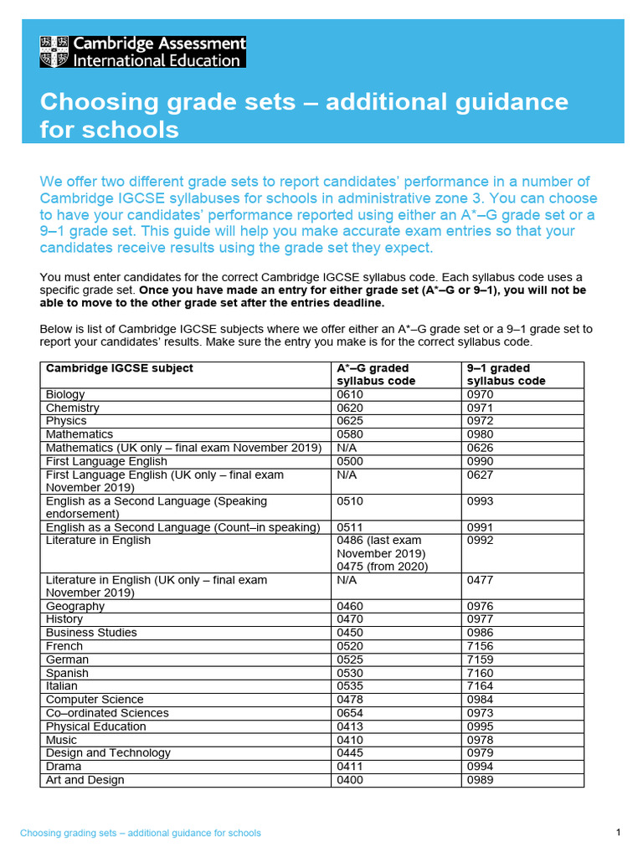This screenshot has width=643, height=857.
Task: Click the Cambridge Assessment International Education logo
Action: tap(142, 51)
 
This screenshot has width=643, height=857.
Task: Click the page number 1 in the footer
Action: tap(618, 832)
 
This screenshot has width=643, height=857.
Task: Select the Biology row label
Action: tap(66, 394)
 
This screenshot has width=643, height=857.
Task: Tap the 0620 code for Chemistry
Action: tap(350, 408)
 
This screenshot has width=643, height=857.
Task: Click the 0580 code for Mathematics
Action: tap(350, 434)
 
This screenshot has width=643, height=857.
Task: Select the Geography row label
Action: tap(75, 606)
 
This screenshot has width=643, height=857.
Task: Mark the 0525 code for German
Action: tap(350, 659)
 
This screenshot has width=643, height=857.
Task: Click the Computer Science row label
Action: tap(95, 700)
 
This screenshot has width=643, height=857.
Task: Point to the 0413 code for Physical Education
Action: tap(350, 726)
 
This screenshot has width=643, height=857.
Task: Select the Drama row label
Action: tap(64, 767)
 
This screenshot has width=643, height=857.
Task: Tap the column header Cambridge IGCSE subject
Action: tap(120, 368)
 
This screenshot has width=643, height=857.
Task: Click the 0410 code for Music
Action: tap(350, 740)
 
